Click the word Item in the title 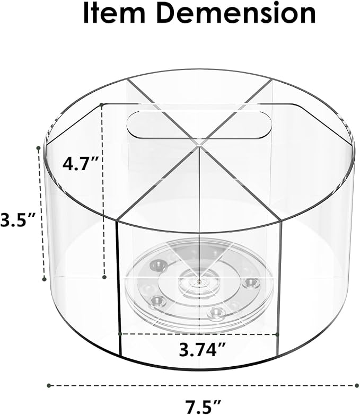(x=114, y=13)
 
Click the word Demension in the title (x=236, y=13)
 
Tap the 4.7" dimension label (x=81, y=164)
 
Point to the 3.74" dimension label (x=202, y=349)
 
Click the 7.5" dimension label (x=203, y=407)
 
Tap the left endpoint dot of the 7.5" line (x=49, y=385)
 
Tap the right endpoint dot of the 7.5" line (x=357, y=385)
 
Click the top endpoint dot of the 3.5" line (x=38, y=148)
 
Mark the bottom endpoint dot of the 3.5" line (x=45, y=279)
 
